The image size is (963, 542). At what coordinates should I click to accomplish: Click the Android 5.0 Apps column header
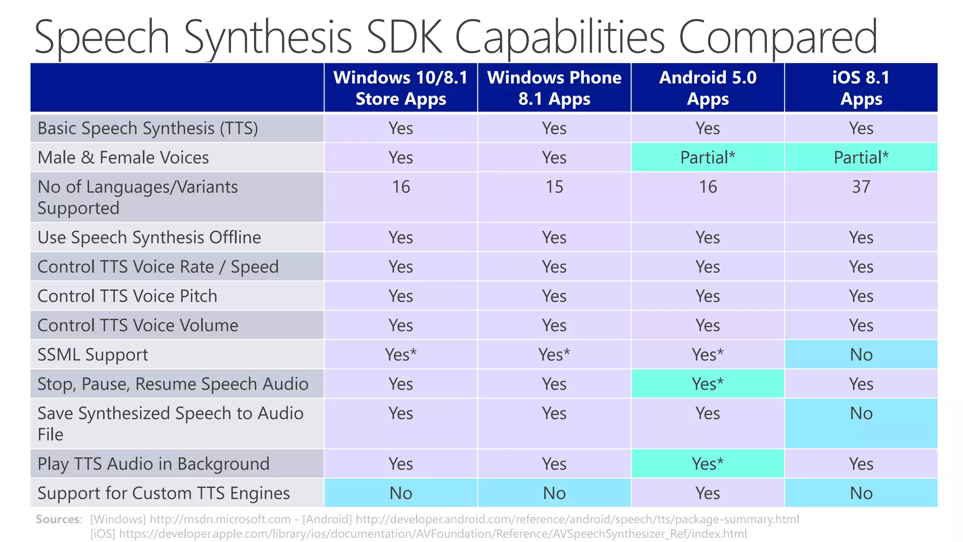708,88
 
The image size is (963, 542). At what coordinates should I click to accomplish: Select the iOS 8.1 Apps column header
861,88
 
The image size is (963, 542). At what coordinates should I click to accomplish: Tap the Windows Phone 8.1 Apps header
554,88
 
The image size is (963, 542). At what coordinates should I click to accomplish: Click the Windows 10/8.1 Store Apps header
401,88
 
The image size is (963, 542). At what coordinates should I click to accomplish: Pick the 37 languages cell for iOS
861,187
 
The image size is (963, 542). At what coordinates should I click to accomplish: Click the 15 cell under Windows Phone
554,187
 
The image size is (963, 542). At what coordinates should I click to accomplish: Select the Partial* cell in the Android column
708,158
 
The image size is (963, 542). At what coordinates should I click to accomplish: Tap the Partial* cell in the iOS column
861,158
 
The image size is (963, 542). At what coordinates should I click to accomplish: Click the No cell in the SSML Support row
861,355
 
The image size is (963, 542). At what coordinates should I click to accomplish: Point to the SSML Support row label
93,355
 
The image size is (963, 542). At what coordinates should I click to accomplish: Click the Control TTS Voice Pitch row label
127,296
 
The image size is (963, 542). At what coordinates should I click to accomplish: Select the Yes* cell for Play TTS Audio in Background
708,464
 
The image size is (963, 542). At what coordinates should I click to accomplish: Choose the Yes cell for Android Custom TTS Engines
708,493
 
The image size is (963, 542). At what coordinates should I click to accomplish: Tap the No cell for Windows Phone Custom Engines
554,493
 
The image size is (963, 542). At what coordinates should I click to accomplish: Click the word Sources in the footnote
58,519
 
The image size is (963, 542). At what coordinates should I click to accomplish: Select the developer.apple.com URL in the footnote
433,534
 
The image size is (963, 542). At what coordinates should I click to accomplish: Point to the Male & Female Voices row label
123,158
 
